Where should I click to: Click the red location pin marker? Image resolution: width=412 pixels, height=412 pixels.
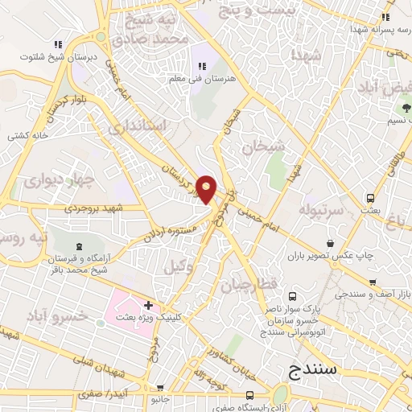click(x=207, y=189)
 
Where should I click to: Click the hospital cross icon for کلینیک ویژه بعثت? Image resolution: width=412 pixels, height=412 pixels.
click(x=148, y=306)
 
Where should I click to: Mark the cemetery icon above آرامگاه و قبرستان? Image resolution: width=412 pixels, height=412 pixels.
click(x=79, y=247)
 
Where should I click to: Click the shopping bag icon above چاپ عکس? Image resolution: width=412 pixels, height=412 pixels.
click(x=331, y=243)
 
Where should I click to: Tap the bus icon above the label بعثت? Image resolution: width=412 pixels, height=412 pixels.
click(x=370, y=198)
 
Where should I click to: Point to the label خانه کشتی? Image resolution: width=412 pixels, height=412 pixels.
click(x=29, y=134)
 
